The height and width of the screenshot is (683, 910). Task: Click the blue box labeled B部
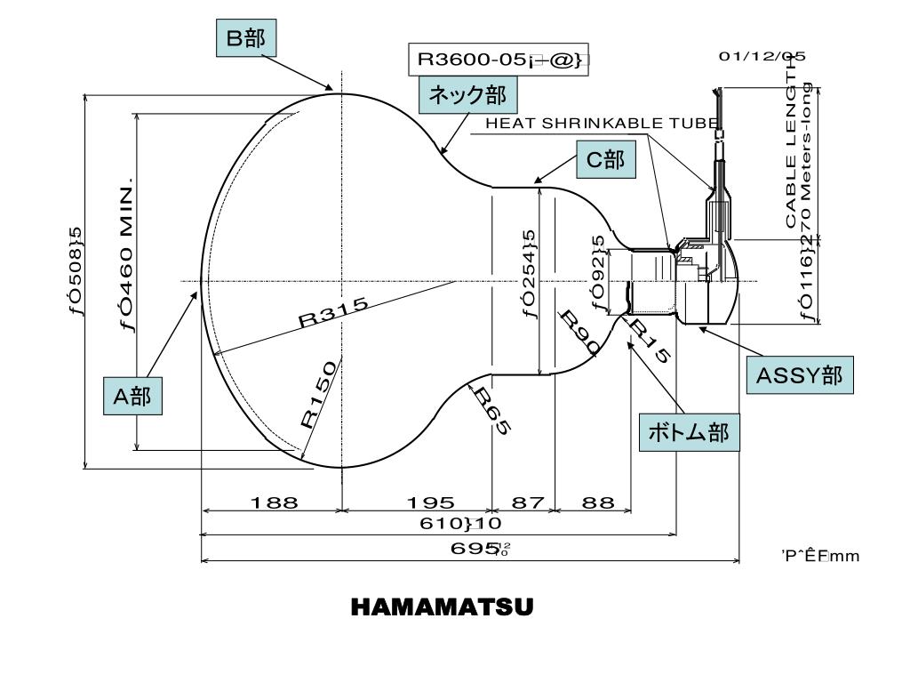(x=246, y=38)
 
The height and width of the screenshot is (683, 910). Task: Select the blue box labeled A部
(x=132, y=396)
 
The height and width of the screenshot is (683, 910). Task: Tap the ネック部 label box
(x=467, y=95)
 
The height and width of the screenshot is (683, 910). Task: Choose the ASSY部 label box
(x=799, y=375)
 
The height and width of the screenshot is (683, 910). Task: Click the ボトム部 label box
(x=689, y=433)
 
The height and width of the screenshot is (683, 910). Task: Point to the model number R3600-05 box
(x=499, y=60)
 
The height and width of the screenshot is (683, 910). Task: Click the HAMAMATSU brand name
(x=442, y=607)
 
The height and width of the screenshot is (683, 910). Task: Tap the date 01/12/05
(x=762, y=56)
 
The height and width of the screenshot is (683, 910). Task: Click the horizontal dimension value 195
(x=429, y=502)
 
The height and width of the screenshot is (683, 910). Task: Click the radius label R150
(x=317, y=393)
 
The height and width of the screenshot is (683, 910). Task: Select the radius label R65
(x=491, y=411)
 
